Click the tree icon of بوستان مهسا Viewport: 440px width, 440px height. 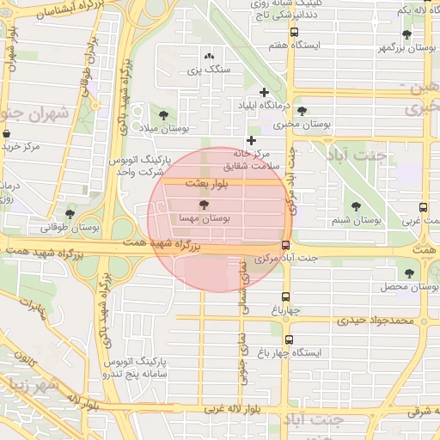pos(204,205)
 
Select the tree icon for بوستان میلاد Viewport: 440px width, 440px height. pos(163,114)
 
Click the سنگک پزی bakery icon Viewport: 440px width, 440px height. pos(209,57)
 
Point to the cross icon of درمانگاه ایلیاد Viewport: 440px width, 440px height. pos(264,91)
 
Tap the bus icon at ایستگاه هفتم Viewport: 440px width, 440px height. pos(295,33)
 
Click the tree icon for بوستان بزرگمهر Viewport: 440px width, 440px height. pos(406,34)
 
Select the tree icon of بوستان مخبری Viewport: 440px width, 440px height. pos(302,111)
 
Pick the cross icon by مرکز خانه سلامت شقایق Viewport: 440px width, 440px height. pos(251,140)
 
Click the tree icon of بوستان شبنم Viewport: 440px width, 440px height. pos(357,206)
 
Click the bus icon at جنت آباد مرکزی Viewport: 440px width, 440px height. pos(285,245)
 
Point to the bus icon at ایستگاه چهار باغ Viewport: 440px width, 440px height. pos(289,340)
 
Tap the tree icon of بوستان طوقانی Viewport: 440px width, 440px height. pos(70,214)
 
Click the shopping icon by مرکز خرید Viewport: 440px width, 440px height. pos(7,135)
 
